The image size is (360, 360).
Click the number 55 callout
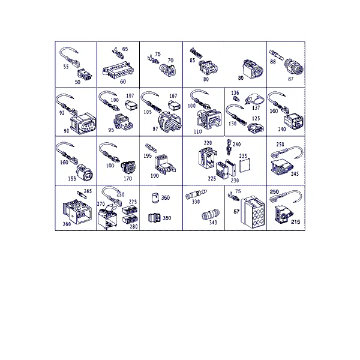(x=66, y=67)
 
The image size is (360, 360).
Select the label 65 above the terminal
(x=125, y=49)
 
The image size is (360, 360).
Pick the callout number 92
(x=62, y=113)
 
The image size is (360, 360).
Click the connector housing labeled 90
(x=83, y=123)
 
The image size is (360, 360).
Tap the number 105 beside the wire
(x=148, y=112)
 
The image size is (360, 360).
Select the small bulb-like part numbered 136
(x=235, y=99)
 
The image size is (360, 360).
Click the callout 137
(x=256, y=107)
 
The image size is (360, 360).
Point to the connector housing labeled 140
(x=293, y=121)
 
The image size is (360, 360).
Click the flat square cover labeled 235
(x=245, y=166)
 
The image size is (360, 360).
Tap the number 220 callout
(x=208, y=143)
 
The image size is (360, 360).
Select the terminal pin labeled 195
(x=151, y=148)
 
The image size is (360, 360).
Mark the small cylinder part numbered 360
(x=155, y=198)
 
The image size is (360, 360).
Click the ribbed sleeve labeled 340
(x=211, y=215)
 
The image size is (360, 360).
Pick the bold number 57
(x=236, y=211)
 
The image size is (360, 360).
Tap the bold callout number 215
(x=295, y=222)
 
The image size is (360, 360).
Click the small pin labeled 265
(x=82, y=195)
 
